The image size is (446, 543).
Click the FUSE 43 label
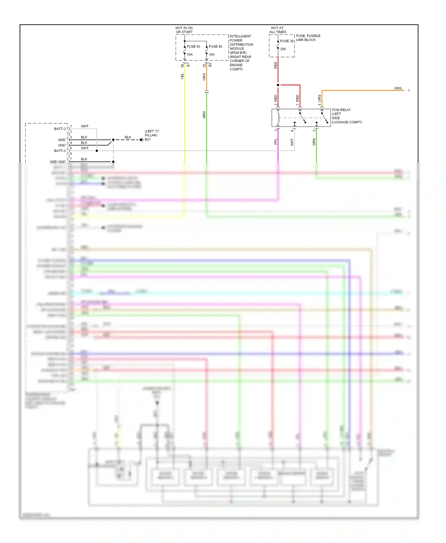(193, 46)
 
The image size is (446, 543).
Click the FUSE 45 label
(215, 46)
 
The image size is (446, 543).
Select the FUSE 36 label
(287, 41)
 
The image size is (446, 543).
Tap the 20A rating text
(283, 49)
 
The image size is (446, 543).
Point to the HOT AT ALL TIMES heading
(278, 30)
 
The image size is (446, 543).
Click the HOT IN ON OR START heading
(184, 30)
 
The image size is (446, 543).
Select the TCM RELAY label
(341, 110)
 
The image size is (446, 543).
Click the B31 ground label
(148, 139)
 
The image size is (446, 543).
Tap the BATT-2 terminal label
(60, 129)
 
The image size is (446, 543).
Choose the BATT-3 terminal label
(60, 151)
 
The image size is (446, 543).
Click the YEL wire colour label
(182, 76)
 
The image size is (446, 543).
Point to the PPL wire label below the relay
(276, 142)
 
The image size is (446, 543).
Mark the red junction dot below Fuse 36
(278, 85)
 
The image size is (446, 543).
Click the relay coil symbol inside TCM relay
(278, 118)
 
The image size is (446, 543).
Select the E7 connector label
(188, 65)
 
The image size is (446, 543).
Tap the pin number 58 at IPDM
(182, 65)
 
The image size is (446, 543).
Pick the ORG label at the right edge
(398, 88)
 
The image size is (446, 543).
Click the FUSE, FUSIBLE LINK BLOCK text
(308, 37)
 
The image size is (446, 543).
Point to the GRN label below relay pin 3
(314, 142)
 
